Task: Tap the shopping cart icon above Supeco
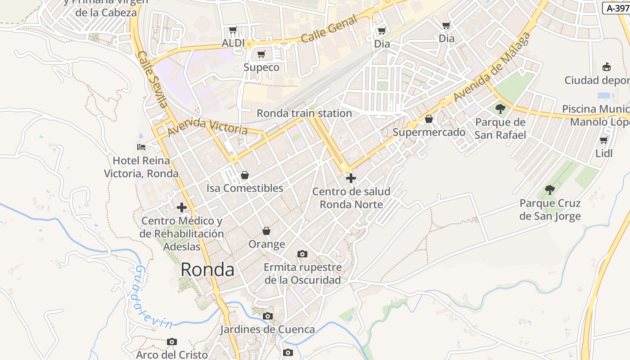pyautogui.click(x=261, y=54)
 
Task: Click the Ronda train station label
pyautogui.click(x=304, y=113)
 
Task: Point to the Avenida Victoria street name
pyautogui.click(x=207, y=127)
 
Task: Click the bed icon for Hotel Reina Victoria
pyautogui.click(x=141, y=147)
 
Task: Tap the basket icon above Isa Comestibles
pyautogui.click(x=245, y=175)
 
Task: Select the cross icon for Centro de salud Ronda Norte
pyautogui.click(x=351, y=178)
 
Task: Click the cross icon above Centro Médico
pyautogui.click(x=182, y=207)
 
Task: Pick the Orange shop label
pyautogui.click(x=267, y=244)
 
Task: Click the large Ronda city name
pyautogui.click(x=207, y=270)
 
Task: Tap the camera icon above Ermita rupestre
pyautogui.click(x=302, y=254)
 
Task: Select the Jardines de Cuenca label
pyautogui.click(x=267, y=329)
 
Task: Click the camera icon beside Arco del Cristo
pyautogui.click(x=171, y=342)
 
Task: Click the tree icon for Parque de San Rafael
pyautogui.click(x=500, y=108)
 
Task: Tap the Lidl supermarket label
pyautogui.click(x=604, y=153)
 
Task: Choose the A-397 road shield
pyautogui.click(x=616, y=8)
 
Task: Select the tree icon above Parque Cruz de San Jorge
pyautogui.click(x=549, y=189)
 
